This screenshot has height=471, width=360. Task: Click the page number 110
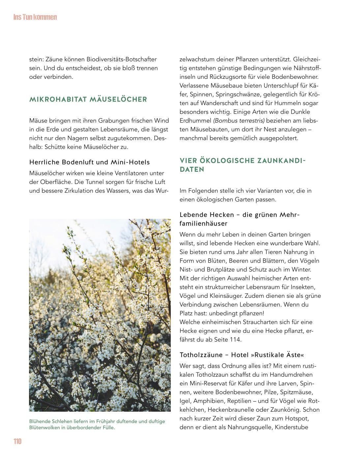17,442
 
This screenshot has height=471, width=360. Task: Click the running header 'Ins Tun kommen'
35,17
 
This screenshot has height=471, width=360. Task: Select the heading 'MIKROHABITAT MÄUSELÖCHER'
88,100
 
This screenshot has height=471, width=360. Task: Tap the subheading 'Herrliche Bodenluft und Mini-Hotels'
89,162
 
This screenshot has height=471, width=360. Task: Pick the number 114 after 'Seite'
236,339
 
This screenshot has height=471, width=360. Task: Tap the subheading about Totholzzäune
242,355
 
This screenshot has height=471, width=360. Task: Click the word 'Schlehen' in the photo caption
60,422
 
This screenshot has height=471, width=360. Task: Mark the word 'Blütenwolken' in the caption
45,428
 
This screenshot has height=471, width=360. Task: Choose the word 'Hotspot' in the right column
298,419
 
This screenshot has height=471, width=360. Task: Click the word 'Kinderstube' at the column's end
291,427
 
